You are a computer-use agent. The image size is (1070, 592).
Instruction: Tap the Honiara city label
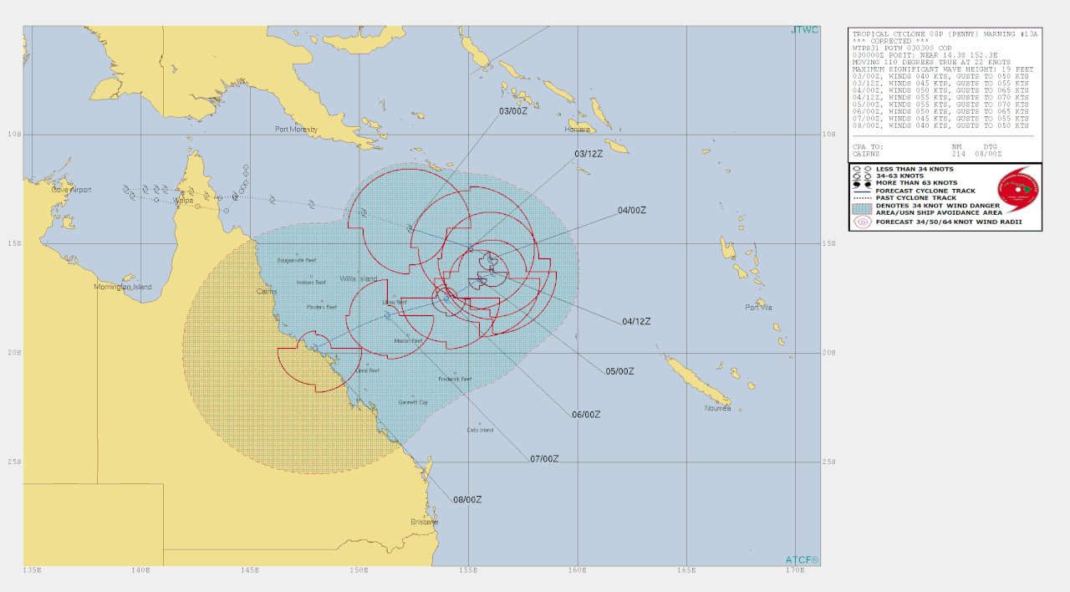(578, 130)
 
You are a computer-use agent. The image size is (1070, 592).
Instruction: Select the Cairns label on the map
(267, 291)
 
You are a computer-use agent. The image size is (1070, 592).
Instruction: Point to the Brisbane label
(425, 522)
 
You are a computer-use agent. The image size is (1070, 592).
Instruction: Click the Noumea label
(717, 408)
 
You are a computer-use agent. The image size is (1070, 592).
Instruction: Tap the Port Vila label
(758, 308)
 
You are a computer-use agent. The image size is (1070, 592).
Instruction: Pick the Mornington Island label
(123, 287)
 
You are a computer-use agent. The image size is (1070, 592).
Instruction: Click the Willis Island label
(358, 278)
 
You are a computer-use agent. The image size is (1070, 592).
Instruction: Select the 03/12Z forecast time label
(588, 154)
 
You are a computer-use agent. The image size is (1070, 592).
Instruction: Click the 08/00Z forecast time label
(467, 500)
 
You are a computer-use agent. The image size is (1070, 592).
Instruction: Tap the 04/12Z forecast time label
(636, 321)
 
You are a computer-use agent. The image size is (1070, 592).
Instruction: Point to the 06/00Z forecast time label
(587, 414)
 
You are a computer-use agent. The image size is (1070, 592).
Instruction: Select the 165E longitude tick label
(686, 571)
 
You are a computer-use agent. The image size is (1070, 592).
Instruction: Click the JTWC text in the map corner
(804, 31)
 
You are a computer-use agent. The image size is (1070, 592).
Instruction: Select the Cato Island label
(480, 431)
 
